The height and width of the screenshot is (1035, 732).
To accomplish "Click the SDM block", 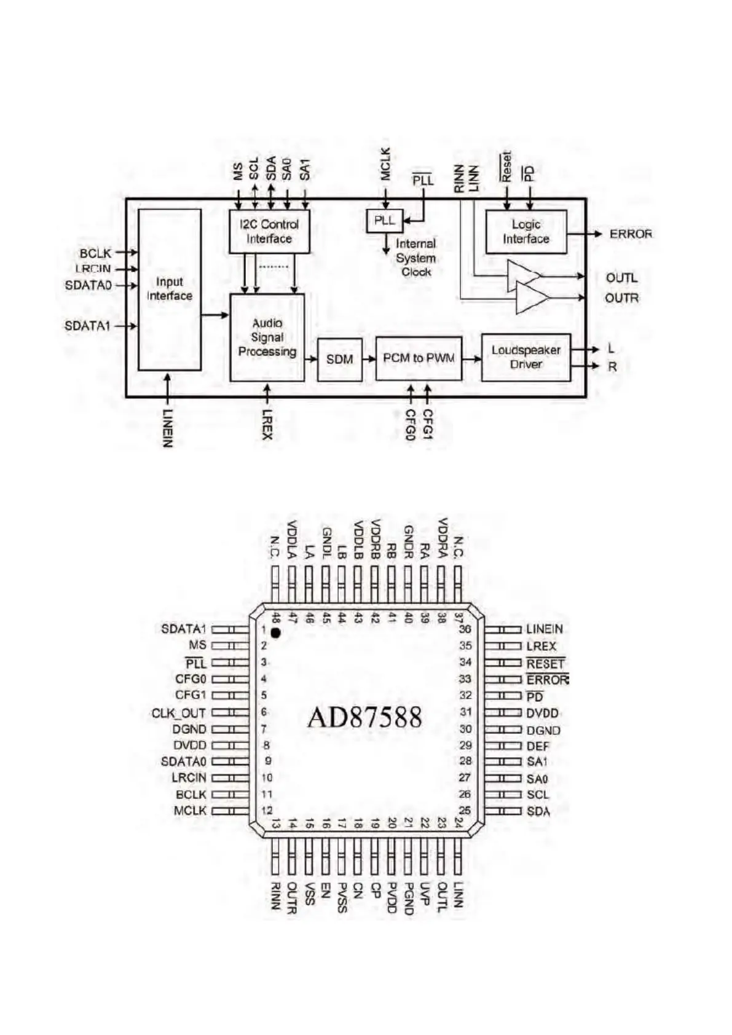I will [339, 359].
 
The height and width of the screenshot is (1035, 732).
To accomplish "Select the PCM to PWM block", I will [419, 358].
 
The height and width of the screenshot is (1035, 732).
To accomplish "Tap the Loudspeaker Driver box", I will [525, 357].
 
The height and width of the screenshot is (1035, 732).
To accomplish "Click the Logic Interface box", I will [526, 232].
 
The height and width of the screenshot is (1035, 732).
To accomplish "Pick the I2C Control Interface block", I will [269, 232].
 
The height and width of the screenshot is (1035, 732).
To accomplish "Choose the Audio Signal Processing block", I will [267, 337].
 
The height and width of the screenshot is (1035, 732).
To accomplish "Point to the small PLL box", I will [385, 221].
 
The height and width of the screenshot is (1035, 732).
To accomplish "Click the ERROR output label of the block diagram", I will [631, 234].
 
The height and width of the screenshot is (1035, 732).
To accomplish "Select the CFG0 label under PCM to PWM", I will [411, 425].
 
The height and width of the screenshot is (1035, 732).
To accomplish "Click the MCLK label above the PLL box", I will [385, 163].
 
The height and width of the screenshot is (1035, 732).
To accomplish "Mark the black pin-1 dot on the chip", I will [275, 632].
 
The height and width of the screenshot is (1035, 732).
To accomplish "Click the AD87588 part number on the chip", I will [364, 717].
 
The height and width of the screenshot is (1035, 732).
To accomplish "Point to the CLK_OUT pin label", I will [178, 714].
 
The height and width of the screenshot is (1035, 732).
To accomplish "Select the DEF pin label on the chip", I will [538, 746].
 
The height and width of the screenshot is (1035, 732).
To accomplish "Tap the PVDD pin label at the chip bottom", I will [392, 898].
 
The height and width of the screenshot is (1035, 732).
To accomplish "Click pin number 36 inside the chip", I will [465, 629].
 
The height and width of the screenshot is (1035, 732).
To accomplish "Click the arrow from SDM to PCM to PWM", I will [369, 359].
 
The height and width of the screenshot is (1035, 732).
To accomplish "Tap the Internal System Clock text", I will [415, 258].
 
